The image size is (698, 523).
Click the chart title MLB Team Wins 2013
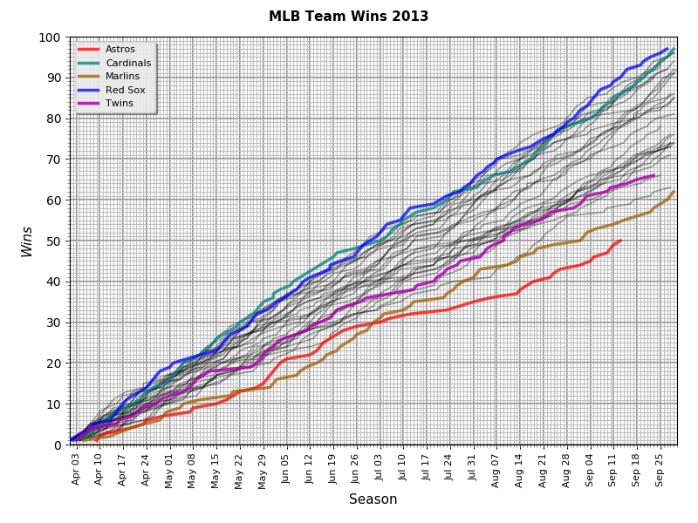point(348,17)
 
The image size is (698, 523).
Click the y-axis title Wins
point(27,241)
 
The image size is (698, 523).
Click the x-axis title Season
point(373,499)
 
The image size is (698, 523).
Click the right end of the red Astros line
point(620,241)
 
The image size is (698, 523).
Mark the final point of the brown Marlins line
point(674,192)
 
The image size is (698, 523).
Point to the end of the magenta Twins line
point(654,175)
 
